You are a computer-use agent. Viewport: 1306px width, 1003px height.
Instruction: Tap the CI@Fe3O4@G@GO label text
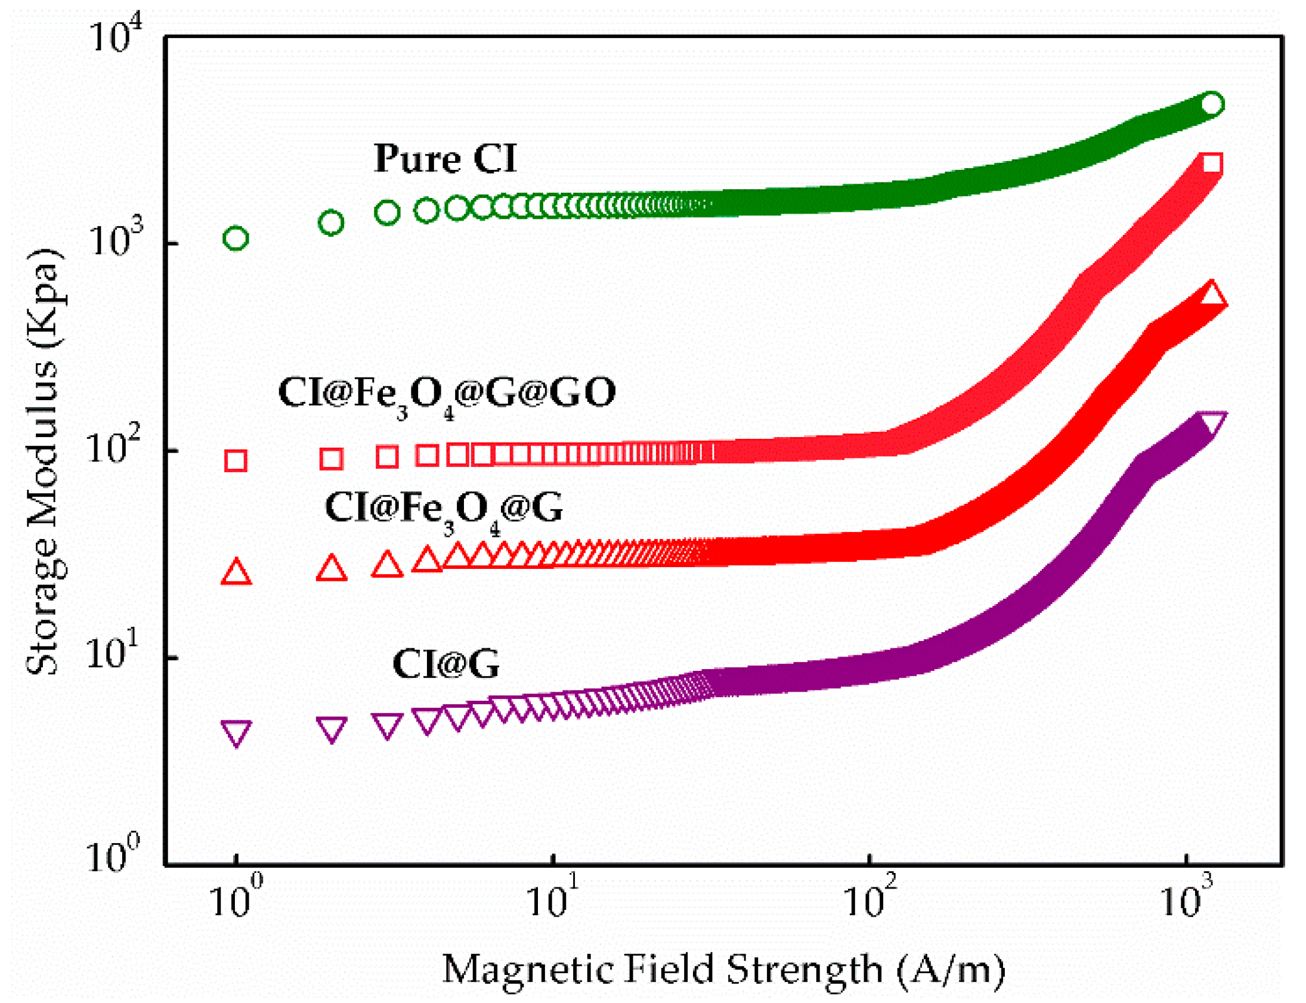click(x=447, y=394)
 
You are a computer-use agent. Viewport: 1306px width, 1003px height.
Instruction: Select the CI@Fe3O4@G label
click(x=443, y=509)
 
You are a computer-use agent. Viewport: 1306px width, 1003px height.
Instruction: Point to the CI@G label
click(x=445, y=664)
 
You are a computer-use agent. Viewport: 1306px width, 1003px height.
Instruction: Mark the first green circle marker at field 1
click(x=236, y=238)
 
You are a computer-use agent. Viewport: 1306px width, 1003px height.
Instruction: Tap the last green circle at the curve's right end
click(x=1212, y=104)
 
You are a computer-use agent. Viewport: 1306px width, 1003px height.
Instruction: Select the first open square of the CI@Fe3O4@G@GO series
click(x=236, y=461)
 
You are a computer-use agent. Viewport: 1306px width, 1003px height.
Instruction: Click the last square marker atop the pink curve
click(x=1212, y=162)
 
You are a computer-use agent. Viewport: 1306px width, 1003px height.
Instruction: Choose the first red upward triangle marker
click(x=236, y=572)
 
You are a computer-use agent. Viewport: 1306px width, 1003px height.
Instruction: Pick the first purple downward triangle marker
click(x=236, y=732)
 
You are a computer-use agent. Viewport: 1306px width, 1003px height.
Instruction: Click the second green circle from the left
click(x=332, y=222)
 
